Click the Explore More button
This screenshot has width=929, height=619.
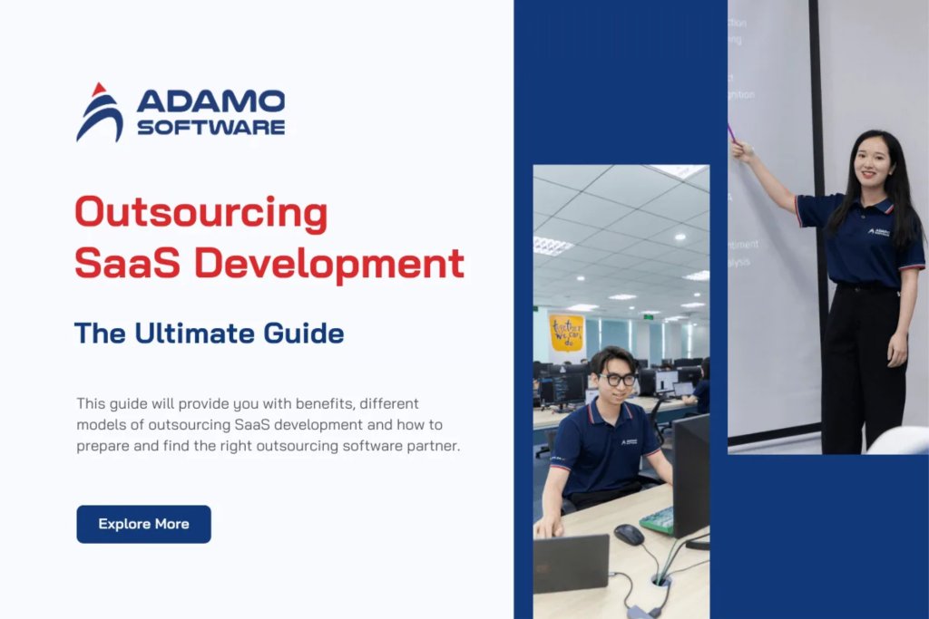(x=143, y=524)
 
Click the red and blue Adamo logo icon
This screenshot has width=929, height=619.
(x=99, y=112)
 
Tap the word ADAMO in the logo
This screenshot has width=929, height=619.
(x=210, y=101)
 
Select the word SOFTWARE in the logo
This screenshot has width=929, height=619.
(x=210, y=128)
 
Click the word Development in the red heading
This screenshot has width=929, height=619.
(x=330, y=264)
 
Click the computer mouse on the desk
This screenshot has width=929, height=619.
(x=628, y=534)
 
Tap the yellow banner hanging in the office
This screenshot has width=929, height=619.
(x=566, y=332)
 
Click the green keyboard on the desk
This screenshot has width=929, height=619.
(x=658, y=520)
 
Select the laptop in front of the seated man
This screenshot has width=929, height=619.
(x=571, y=562)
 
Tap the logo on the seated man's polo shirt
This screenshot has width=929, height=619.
(x=629, y=442)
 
